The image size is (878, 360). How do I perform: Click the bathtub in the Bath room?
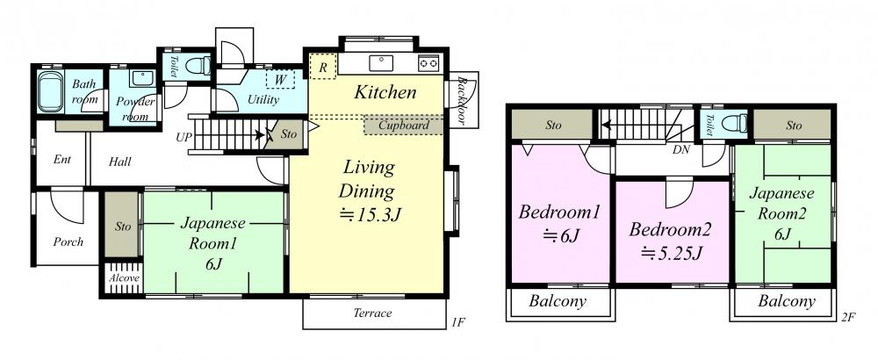click(x=50, y=91)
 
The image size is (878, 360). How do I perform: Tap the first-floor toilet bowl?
click(x=197, y=66)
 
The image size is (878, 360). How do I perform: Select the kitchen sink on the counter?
click(x=381, y=62)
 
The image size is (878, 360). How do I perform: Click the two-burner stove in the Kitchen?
click(x=428, y=63)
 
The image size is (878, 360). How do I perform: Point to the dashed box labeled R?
click(x=324, y=67)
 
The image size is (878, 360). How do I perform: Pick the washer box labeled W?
click(x=280, y=79)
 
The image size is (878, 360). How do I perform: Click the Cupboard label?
click(x=404, y=126)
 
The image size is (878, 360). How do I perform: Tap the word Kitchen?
click(x=385, y=92)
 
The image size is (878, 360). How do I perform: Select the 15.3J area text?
click(x=371, y=214)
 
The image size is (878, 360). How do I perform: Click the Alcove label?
click(x=125, y=277)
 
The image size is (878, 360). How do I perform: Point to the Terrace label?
click(x=373, y=313)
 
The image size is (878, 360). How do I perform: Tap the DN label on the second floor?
click(x=681, y=149)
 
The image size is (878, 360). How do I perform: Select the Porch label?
click(x=68, y=241)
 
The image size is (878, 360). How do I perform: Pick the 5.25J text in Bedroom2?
click(x=672, y=254)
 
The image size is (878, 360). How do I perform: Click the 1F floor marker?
click(x=458, y=322)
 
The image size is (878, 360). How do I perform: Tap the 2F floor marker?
click(x=848, y=318)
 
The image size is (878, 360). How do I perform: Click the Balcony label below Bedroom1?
click(x=558, y=301)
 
